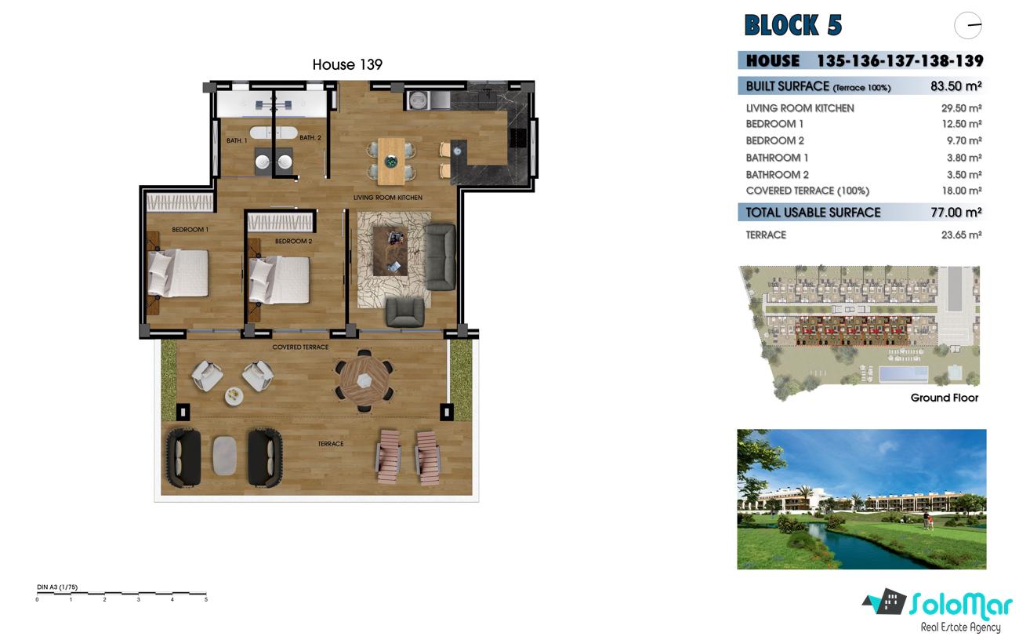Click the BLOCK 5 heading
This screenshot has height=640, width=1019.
point(793,25)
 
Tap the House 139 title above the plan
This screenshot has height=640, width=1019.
point(347,64)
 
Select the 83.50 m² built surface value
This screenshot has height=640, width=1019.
point(956,86)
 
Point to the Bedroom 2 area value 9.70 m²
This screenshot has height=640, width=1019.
point(964,140)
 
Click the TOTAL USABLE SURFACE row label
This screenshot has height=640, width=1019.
point(813,213)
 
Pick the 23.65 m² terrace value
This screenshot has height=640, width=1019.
point(961,235)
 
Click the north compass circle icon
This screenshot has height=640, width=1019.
point(967,26)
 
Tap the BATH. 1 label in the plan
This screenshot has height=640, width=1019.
point(237,140)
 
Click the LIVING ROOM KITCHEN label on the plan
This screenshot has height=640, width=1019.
point(387,198)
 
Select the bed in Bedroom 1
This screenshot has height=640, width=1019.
point(177,273)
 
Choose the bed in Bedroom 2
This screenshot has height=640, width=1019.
point(279,280)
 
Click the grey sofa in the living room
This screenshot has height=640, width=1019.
point(440,256)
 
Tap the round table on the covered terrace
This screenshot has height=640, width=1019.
point(364,380)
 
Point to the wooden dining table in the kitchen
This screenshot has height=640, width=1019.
point(391,161)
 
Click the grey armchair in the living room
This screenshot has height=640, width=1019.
point(404,312)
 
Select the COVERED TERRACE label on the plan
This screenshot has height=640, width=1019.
point(300,347)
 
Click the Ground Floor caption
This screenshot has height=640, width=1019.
point(945,398)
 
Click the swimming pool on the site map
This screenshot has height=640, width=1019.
point(904,373)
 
